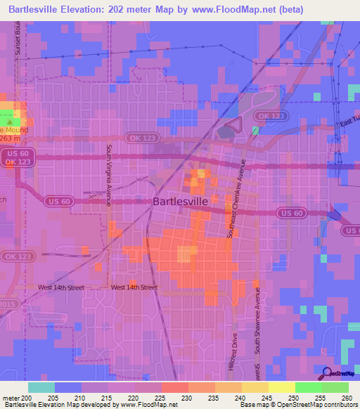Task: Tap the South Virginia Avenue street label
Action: point(109,175)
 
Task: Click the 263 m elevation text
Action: point(12,138)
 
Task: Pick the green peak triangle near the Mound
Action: point(9,122)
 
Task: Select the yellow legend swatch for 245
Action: point(255,387)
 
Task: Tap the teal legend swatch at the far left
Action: point(41,387)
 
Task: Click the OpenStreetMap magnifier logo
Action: point(328,373)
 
